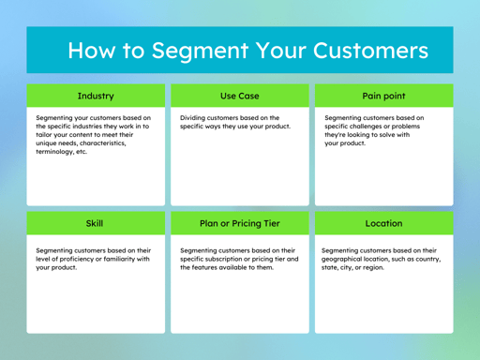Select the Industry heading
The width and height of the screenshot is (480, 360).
pos(96,96)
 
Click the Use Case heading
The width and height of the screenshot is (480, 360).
pos(240,96)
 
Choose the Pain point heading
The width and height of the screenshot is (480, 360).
pos(383,96)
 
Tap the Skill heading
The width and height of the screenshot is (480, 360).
pos(96,224)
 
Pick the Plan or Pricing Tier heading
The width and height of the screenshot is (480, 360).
pos(240,224)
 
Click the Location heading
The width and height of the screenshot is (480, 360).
pos(383,224)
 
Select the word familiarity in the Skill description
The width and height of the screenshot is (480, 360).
pos(123,259)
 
